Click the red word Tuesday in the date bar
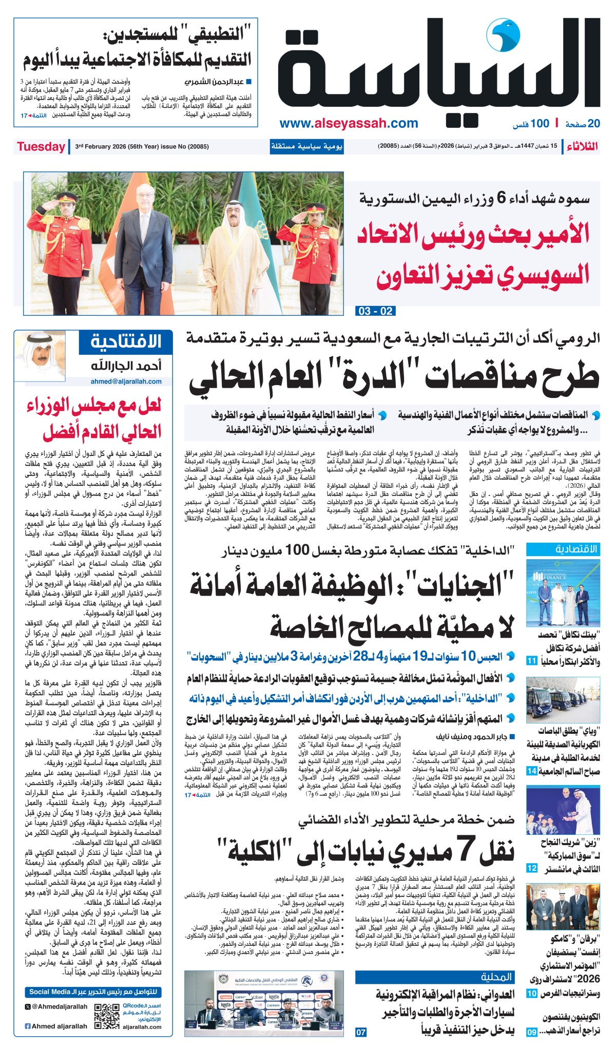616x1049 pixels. click(41, 147)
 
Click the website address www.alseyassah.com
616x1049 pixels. click(349, 123)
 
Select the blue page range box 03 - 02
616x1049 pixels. click(375, 311)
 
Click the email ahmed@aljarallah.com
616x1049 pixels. click(126, 382)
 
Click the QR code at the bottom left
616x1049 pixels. click(107, 1017)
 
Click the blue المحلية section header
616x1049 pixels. click(496, 977)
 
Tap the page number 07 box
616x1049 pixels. click(361, 1032)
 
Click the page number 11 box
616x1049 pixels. click(532, 660)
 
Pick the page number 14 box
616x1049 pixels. click(532, 771)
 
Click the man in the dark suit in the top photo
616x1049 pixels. click(144, 246)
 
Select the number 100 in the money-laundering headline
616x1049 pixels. click(297, 550)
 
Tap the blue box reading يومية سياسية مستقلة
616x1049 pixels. click(306, 147)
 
